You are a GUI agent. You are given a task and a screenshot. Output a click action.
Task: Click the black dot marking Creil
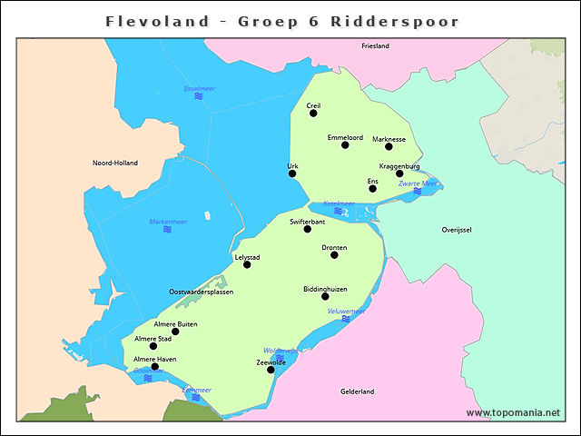point(313,114)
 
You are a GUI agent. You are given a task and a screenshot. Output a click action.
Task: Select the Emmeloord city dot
point(345,145)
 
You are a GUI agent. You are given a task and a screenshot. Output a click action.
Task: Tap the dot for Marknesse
point(389,146)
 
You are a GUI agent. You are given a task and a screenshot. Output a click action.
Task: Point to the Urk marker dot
point(292,173)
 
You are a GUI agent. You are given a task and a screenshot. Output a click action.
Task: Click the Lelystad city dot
point(247,264)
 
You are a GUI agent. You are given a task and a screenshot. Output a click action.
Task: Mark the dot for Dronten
point(334,254)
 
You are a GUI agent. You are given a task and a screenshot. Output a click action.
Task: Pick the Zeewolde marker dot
point(271,370)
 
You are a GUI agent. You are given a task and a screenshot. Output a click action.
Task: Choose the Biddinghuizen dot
point(325,296)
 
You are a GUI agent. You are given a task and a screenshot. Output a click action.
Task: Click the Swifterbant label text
point(307,221)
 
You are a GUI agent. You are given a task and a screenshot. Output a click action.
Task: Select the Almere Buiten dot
point(175,332)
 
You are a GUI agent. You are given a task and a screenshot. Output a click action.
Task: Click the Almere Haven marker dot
point(154,367)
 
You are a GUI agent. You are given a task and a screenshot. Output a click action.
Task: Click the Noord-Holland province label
point(115,163)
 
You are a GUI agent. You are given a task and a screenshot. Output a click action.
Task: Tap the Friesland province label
point(375,45)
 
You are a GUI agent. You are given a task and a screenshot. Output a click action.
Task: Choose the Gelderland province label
point(357,391)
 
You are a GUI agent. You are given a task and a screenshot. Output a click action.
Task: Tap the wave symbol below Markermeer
point(167,230)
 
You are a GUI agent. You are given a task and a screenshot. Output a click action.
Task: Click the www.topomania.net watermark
point(513,412)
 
